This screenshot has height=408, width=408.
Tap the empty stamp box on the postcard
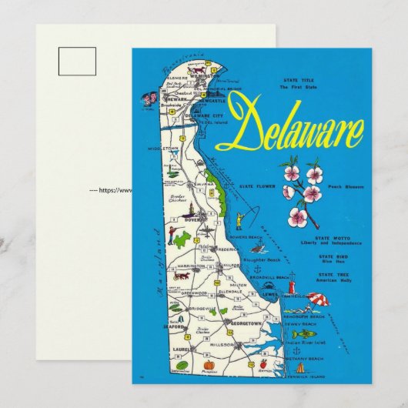coord(77,61)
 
